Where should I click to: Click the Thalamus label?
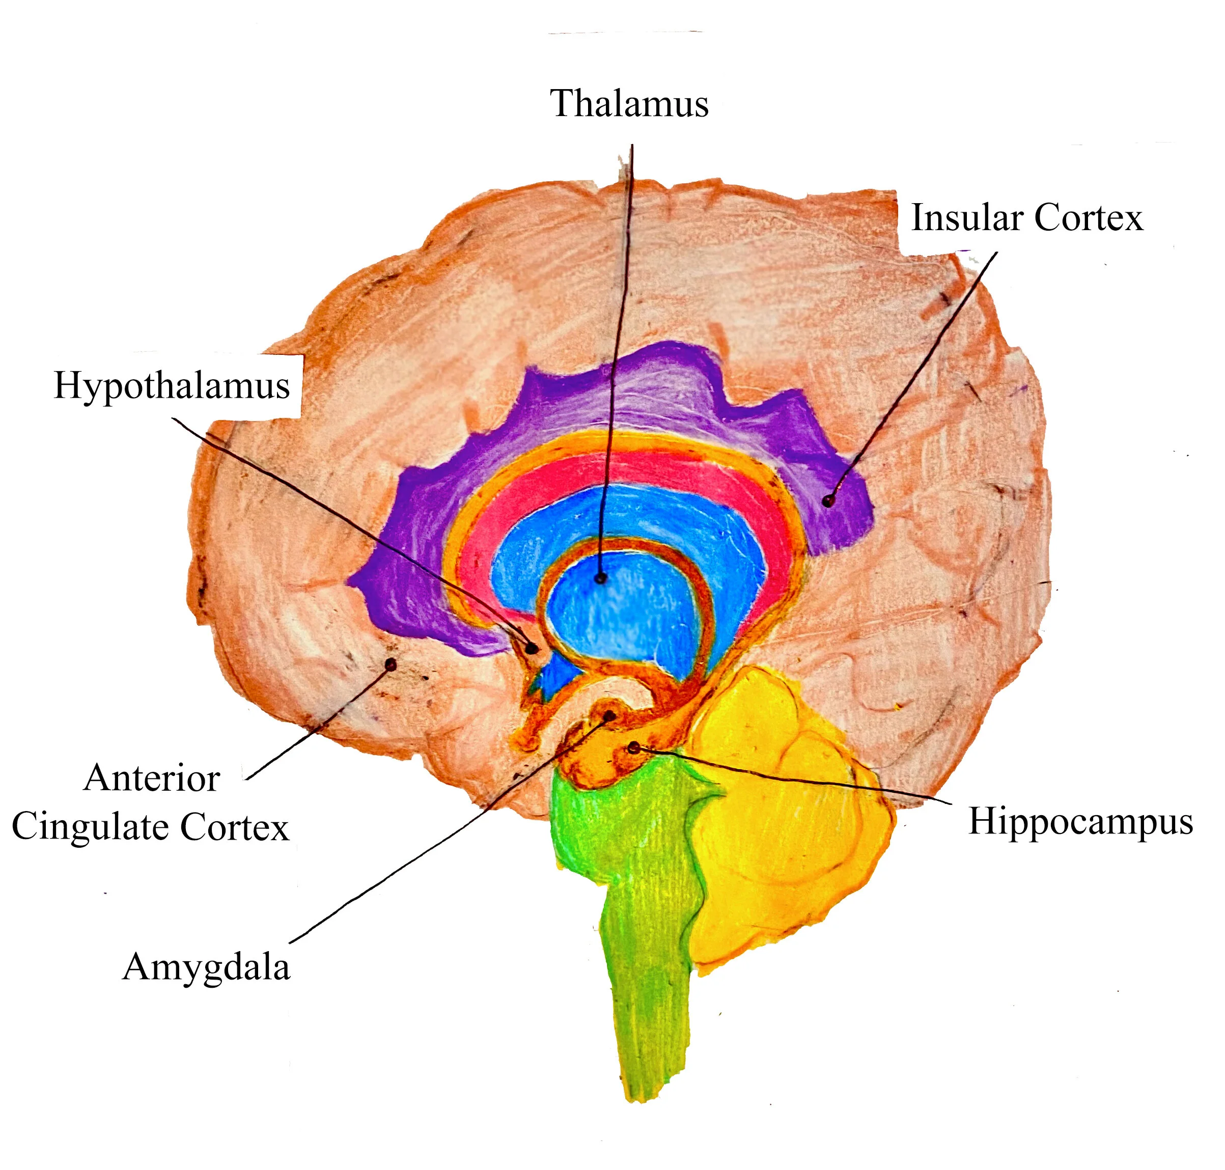(x=629, y=103)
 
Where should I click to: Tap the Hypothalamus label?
(x=172, y=386)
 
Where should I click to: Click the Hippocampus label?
(x=1080, y=821)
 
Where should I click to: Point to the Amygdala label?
(x=206, y=968)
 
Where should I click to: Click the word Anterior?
(x=152, y=778)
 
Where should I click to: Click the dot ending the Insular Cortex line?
(x=828, y=500)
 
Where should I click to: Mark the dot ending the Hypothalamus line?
(x=532, y=649)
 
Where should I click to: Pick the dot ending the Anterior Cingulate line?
(x=391, y=665)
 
